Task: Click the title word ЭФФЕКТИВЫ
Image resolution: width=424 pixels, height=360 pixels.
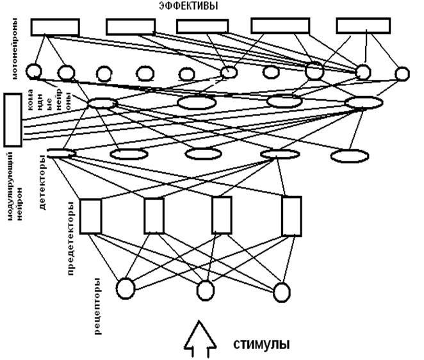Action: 187,6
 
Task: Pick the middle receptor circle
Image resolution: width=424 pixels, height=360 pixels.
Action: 205,291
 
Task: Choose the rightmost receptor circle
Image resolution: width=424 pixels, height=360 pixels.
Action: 282,291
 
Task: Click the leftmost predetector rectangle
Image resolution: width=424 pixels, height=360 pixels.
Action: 91,217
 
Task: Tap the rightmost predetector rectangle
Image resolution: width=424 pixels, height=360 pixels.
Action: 292,216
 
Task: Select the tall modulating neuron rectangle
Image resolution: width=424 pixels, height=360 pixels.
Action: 13,120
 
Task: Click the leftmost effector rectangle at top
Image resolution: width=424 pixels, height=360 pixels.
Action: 55,26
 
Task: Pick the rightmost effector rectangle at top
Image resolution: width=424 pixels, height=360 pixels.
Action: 363,25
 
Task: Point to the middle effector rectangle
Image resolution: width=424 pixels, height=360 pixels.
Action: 202,26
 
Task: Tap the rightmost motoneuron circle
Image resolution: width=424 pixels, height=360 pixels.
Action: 402,74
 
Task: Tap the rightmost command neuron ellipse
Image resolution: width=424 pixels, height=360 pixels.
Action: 364,102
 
